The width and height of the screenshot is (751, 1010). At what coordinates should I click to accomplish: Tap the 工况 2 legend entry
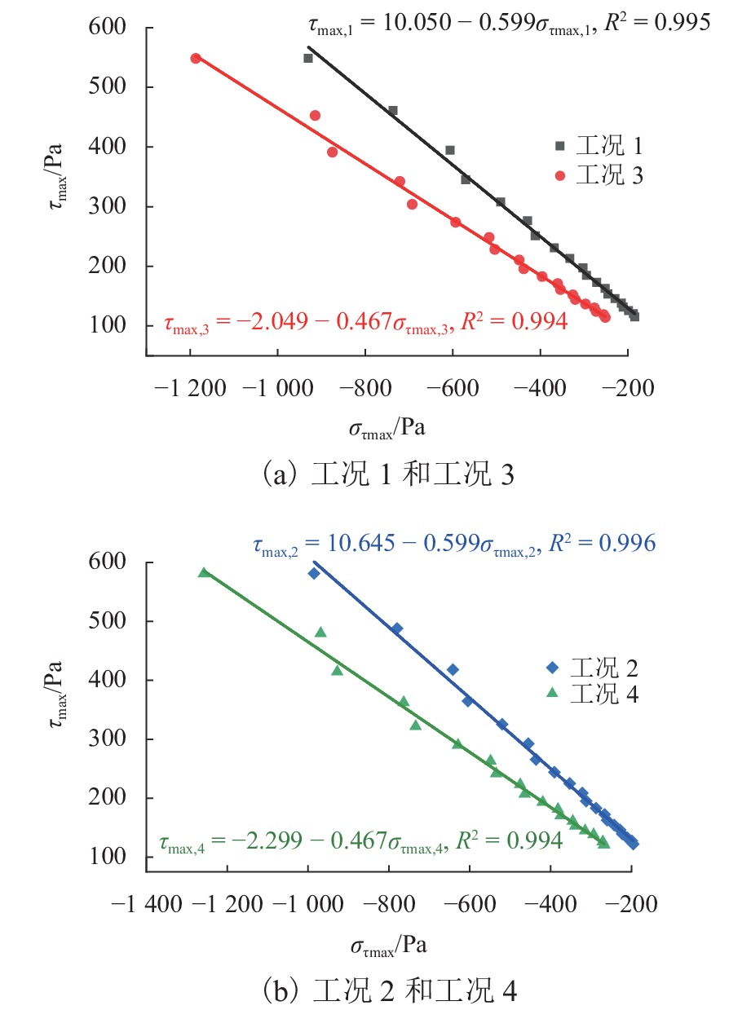coord(592,668)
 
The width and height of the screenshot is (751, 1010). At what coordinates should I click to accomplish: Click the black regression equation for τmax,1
coord(502,22)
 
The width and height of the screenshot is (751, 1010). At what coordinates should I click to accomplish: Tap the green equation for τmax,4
coord(360,840)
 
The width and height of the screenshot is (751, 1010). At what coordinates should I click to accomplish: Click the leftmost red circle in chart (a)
coord(196,58)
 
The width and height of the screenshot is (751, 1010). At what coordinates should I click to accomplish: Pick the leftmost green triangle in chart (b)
coord(204,572)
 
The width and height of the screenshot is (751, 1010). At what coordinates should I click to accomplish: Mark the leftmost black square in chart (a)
coord(308,58)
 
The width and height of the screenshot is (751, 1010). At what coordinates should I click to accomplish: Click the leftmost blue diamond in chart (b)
coord(314,573)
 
